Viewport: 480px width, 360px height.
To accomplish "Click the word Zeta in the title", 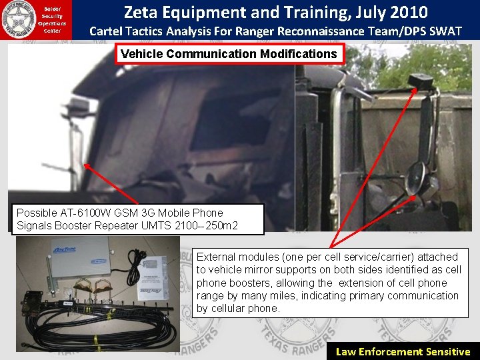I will click(143, 12).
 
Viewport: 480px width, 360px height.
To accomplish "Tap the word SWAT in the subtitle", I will click(443, 31).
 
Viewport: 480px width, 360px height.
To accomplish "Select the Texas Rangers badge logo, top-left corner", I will click(19, 18).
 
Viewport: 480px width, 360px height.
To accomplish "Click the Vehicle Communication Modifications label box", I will click(229, 54).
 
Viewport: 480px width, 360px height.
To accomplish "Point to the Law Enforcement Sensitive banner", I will click(403, 352).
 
